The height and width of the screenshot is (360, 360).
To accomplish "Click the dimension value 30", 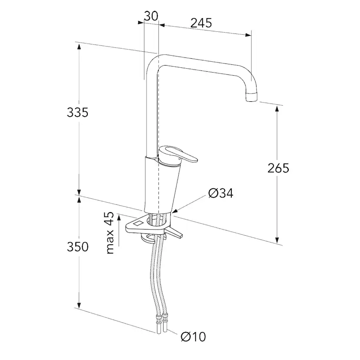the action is (151, 16).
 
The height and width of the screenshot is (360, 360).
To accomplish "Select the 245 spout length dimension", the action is (201, 23).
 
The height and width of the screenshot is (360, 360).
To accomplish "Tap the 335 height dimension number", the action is (77, 113).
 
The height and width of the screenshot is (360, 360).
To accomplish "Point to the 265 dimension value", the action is (278, 168).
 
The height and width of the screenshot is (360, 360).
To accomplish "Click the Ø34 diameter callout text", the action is (220, 193).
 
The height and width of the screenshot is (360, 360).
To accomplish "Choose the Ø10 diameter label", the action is (193, 337).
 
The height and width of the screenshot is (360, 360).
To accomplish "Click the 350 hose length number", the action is (77, 247).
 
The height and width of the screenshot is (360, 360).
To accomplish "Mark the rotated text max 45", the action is (110, 233).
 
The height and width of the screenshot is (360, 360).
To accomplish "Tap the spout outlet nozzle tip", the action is (252, 97).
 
